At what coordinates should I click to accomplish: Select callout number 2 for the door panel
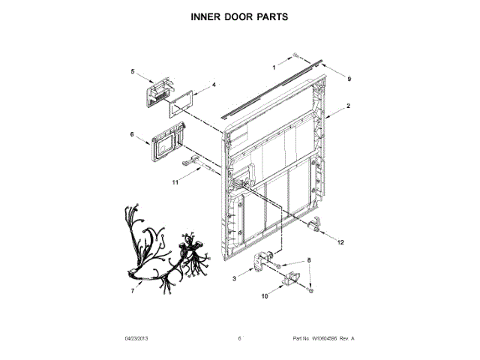pos(349,109)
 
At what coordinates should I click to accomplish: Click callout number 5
pos(133,72)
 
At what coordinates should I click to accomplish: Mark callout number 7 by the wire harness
pos(132,290)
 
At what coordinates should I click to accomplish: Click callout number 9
pos(349,77)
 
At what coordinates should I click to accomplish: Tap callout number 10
pos(263,297)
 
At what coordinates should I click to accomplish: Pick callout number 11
pos(175,181)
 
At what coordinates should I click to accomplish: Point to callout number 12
pos(340,242)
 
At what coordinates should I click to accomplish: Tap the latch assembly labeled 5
pos(157,94)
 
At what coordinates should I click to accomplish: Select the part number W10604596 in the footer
pos(325,339)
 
